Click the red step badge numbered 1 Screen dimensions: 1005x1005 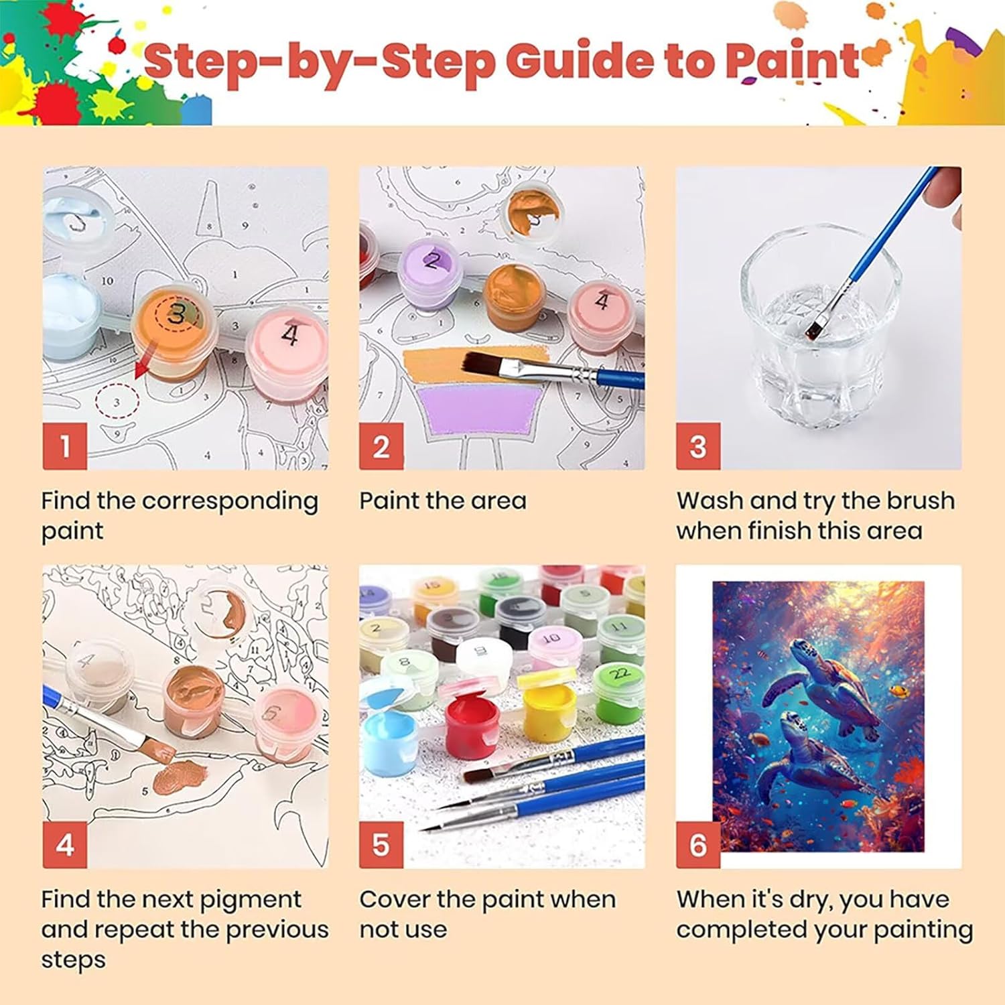(x=65, y=446)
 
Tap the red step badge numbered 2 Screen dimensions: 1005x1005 (x=381, y=446)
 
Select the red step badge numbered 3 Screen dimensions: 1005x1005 (x=698, y=446)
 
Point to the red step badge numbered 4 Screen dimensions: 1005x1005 (x=65, y=845)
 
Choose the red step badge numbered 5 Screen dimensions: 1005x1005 (x=381, y=845)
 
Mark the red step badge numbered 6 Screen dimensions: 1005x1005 (x=698, y=845)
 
